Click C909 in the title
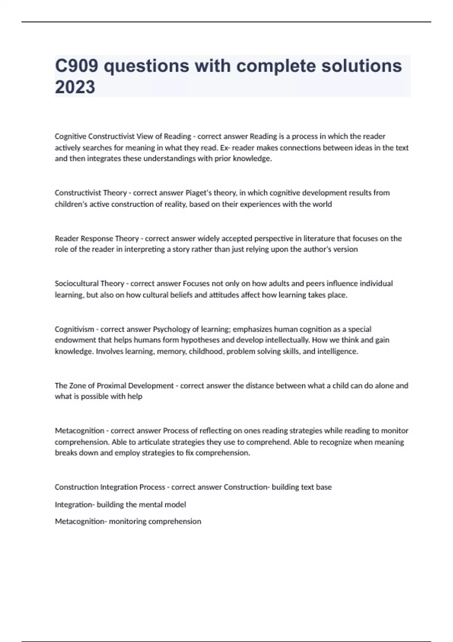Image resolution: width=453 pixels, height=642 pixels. [77, 66]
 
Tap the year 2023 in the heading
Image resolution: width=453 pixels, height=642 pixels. [75, 87]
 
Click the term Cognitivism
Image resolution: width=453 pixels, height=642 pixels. [74, 329]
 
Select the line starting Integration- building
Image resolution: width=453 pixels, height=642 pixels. [120, 505]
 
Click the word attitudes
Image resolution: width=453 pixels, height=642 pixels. [233, 295]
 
